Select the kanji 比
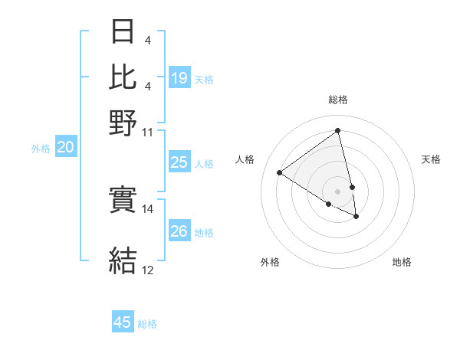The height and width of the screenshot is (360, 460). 123,77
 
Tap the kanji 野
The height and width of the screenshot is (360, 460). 123,122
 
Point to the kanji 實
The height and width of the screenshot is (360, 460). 123,201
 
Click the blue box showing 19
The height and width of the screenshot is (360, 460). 179,77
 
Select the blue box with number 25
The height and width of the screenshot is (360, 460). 179,162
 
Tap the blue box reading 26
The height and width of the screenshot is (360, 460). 179,231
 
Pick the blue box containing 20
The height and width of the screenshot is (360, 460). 65,148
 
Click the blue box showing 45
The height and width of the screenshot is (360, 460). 123,322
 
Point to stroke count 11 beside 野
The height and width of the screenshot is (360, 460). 148,132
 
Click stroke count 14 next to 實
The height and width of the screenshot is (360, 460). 148,208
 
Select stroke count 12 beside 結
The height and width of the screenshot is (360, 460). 148,270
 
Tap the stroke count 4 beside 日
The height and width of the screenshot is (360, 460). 146,40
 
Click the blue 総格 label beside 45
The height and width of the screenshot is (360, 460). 147,324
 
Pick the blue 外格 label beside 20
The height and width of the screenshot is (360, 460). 41,149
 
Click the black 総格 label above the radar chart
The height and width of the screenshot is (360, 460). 338,100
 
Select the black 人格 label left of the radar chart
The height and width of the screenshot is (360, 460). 245,159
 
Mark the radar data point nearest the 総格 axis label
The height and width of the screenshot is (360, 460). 338,129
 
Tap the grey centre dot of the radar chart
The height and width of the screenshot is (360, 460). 338,191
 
